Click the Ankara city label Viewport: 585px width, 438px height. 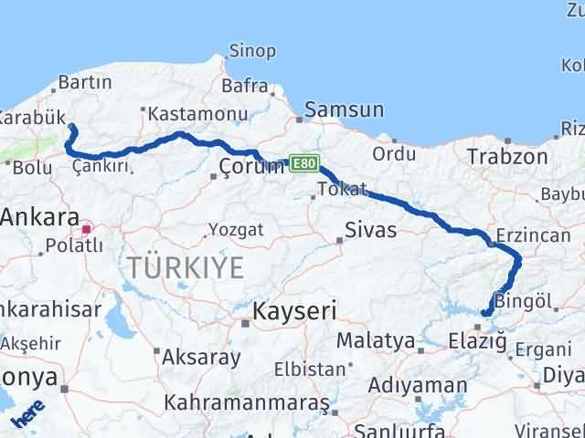38,218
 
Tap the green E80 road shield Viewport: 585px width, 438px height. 304,163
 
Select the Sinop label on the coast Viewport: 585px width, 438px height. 251,52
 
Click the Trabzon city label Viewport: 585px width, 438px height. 507,157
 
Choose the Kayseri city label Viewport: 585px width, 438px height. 295,310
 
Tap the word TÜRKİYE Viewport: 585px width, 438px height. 186,267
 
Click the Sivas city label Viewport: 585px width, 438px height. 371,230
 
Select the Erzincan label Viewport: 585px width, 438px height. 533,235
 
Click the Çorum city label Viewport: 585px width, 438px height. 254,167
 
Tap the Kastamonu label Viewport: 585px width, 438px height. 186,114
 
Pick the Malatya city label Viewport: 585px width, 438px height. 376,341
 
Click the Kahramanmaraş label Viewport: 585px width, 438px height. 247,402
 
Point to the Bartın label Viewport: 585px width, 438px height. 85,83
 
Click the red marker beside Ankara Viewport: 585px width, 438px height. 87,230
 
